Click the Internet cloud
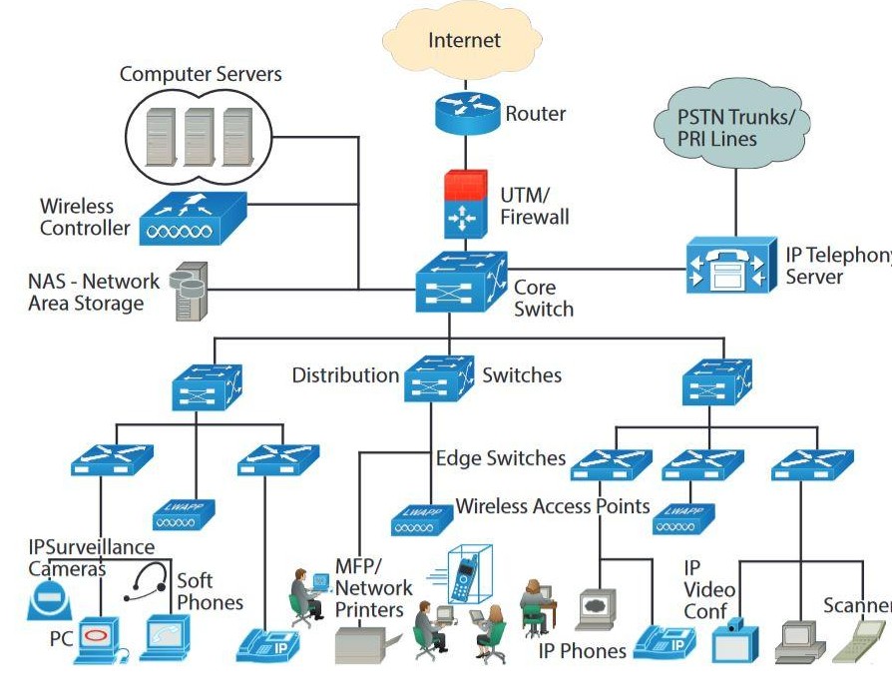[x=464, y=41]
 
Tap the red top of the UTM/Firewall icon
[x=464, y=185]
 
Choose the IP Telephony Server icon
[x=730, y=265]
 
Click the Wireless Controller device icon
[x=193, y=219]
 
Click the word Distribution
[x=345, y=375]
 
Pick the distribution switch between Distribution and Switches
[x=440, y=376]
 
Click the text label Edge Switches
[x=501, y=458]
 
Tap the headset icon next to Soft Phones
[x=147, y=584]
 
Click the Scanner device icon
[x=858, y=639]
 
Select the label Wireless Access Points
[x=553, y=506]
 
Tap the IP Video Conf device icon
[x=735, y=639]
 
